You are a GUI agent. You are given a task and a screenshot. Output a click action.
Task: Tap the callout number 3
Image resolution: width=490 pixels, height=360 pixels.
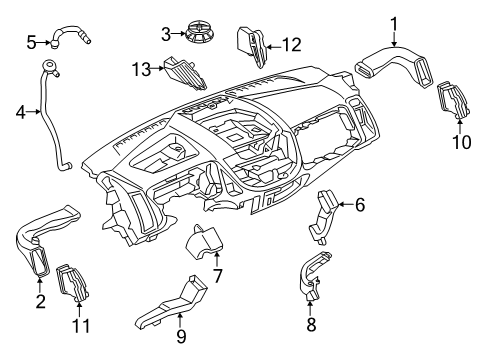(167, 35)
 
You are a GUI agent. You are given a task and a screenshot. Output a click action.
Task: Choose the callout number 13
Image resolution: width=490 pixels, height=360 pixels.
(142, 67)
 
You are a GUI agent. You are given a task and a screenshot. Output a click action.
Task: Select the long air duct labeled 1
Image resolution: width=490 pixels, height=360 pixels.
(398, 69)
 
